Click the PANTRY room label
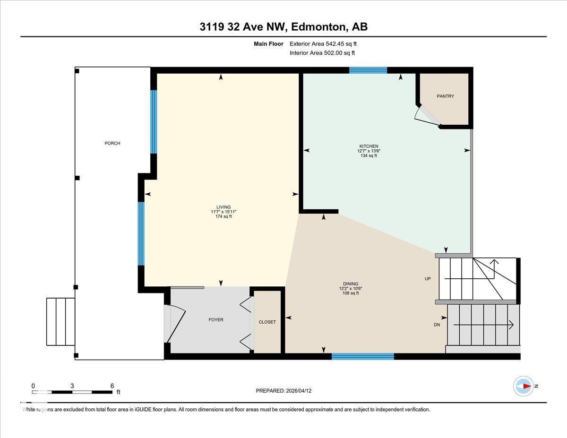pyautogui.click(x=445, y=96)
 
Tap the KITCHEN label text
pyautogui.click(x=369, y=146)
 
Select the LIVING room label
pyautogui.click(x=223, y=207)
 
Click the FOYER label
pyautogui.click(x=216, y=320)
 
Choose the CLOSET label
pyautogui.click(x=267, y=322)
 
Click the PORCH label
pyautogui.click(x=112, y=143)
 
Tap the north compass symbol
pyautogui.click(x=524, y=386)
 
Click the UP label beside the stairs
pyautogui.click(x=428, y=279)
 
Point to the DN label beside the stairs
pyautogui.click(x=437, y=325)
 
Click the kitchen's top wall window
pyautogui.click(x=368, y=70)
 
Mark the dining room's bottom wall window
pyautogui.click(x=362, y=356)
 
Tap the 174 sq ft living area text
pyautogui.click(x=223, y=216)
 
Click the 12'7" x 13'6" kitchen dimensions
pyautogui.click(x=369, y=151)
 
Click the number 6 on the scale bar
pyautogui.click(x=112, y=386)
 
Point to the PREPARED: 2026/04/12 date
pyautogui.click(x=283, y=391)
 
